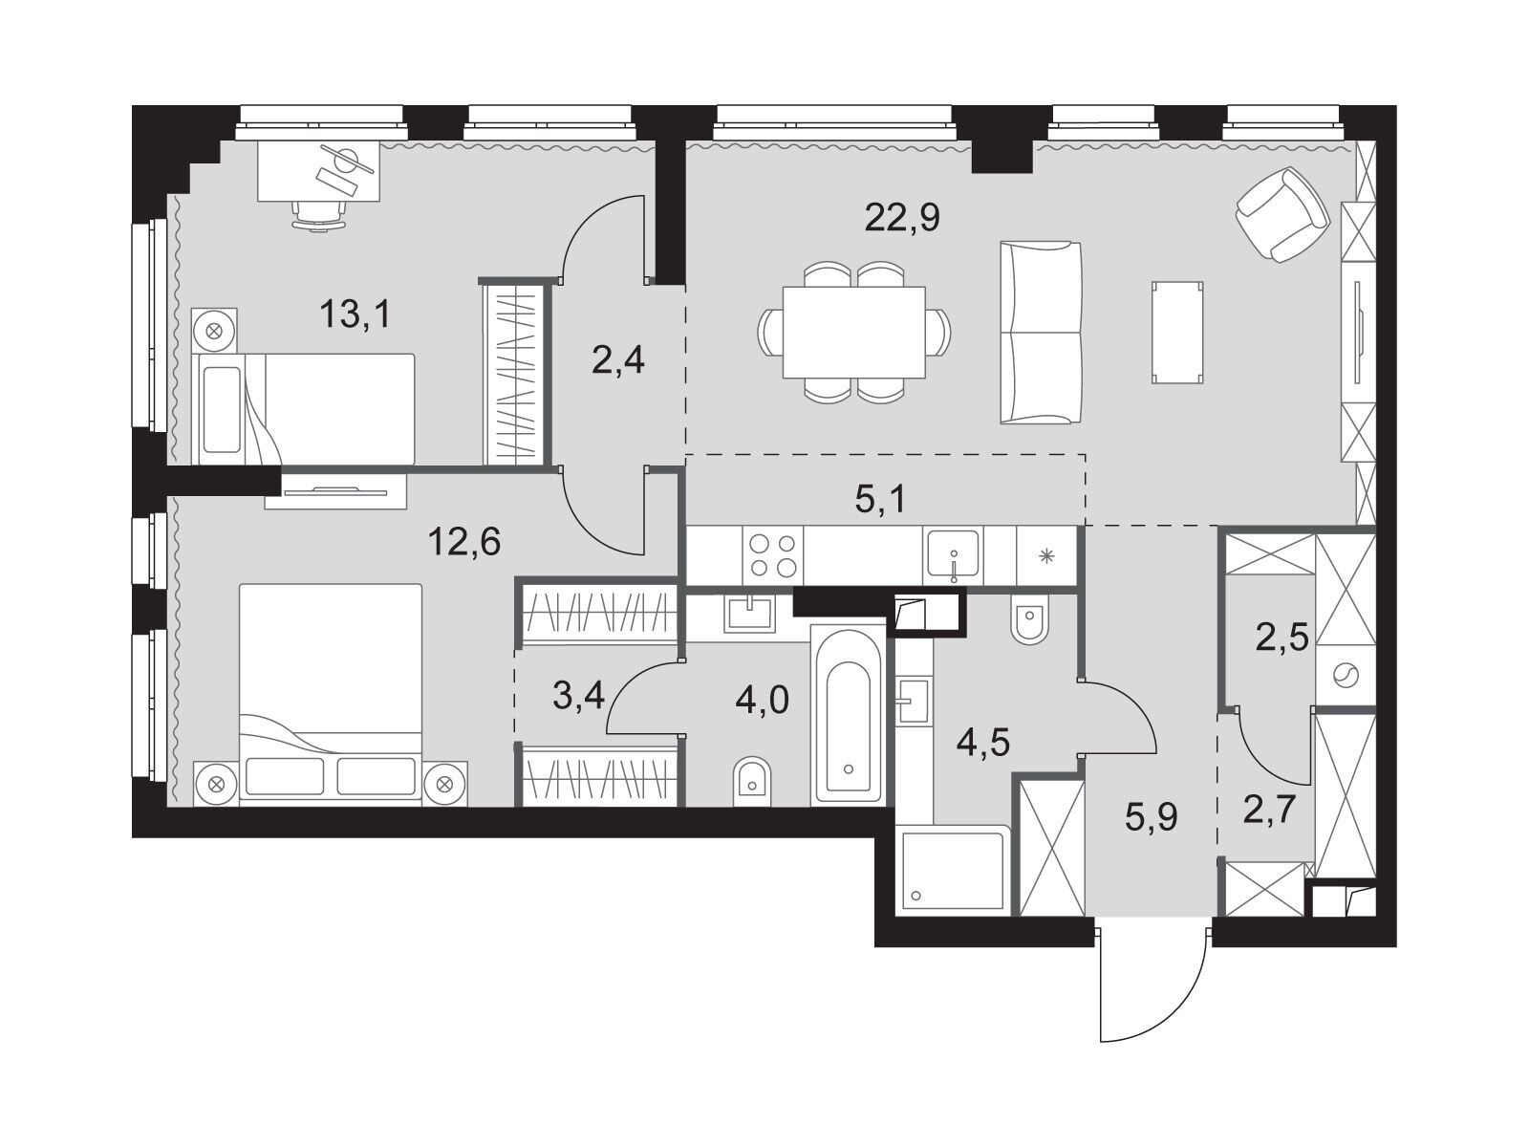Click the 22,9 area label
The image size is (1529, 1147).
902,218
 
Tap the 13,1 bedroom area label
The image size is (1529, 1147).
355,314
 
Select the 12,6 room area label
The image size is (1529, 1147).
463,541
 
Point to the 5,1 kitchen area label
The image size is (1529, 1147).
880,499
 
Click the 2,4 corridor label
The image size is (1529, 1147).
618,360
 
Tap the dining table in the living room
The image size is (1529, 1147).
854,333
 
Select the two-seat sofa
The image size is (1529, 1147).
1041,333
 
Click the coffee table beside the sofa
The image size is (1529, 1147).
1177,333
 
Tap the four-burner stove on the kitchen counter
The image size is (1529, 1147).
772,555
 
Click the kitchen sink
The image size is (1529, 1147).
952,555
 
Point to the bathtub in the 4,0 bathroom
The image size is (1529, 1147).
847,715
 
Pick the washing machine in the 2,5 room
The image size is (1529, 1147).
1346,675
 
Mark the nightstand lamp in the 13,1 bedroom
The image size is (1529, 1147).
215,331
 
